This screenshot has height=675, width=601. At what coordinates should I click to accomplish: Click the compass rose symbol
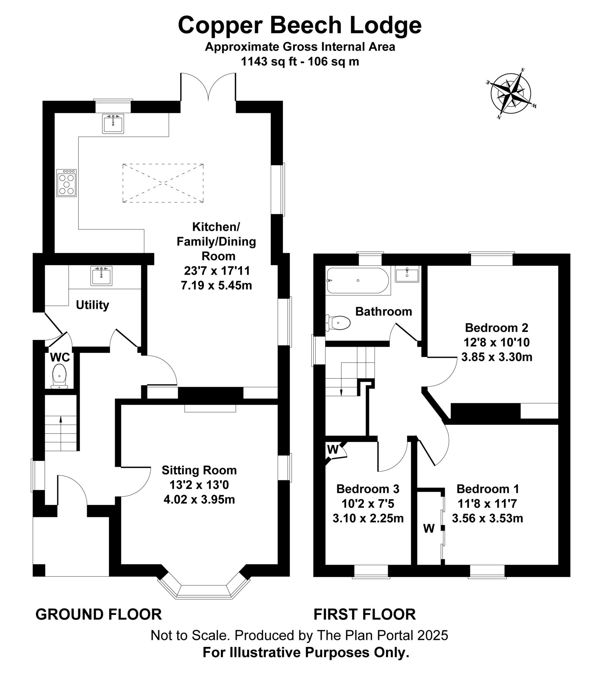[511, 94]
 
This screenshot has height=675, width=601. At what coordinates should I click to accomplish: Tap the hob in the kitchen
[66, 183]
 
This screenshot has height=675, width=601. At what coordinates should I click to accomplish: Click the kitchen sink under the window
[113, 124]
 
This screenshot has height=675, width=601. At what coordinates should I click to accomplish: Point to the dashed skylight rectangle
[163, 183]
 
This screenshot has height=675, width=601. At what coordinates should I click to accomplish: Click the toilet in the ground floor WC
[60, 376]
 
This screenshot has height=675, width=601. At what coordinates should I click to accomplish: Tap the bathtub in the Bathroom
[358, 281]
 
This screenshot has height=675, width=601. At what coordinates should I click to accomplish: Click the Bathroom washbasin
[407, 275]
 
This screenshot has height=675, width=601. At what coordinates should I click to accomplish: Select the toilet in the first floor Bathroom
[339, 322]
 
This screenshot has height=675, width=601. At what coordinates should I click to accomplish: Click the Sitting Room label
[199, 470]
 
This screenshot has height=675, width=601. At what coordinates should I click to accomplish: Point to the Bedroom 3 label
[368, 488]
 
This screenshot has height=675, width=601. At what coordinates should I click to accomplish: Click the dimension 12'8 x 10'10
[496, 342]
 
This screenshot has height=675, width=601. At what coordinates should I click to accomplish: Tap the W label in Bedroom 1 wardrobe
[429, 528]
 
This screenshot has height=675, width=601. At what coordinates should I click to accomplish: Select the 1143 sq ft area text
[269, 62]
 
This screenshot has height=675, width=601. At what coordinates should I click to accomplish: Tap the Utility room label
[92, 305]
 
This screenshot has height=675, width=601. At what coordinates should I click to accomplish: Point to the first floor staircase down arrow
[341, 392]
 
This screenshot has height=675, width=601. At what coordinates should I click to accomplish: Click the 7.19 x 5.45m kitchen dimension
[216, 285]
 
